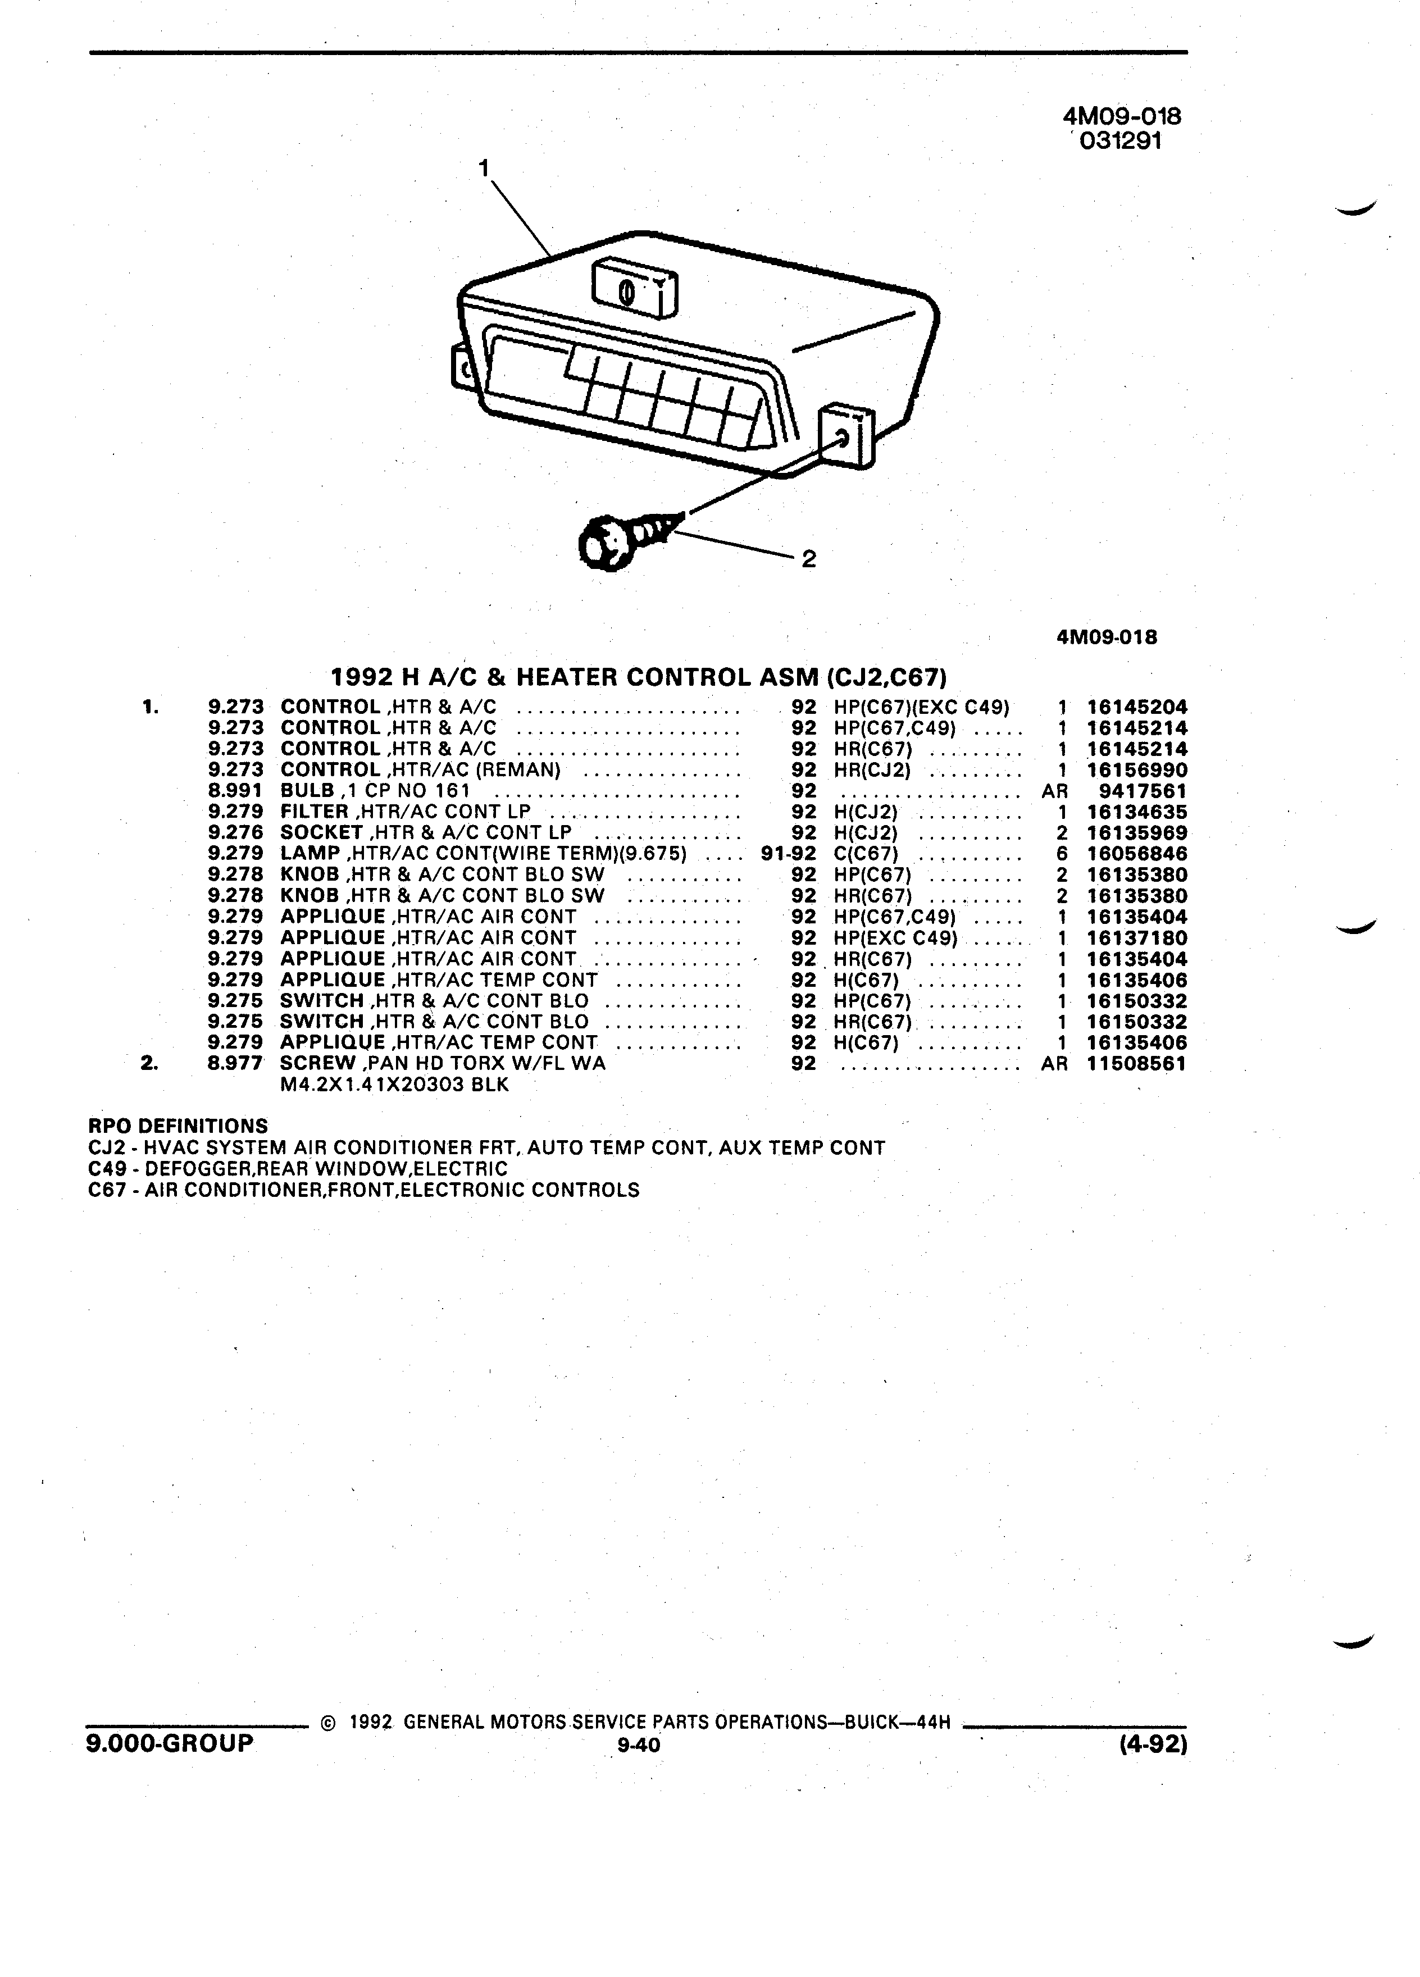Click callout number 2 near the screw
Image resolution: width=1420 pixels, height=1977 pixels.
[809, 559]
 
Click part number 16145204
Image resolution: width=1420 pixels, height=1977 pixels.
[1137, 708]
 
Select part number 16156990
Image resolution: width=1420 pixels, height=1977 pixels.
[1137, 771]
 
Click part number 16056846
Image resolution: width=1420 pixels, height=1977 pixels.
[1137, 854]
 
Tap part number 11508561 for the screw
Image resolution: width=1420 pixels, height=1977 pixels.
[1137, 1063]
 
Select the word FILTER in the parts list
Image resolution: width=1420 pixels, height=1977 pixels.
[314, 812]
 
